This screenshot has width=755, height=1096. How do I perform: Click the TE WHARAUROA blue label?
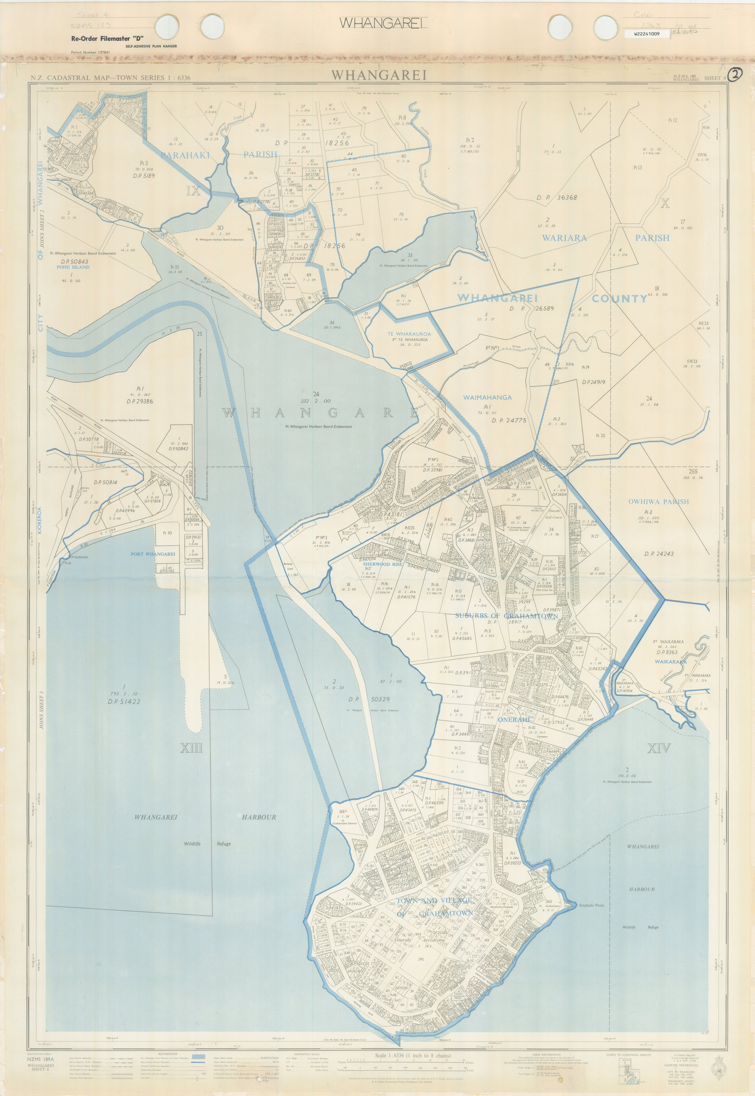(409, 333)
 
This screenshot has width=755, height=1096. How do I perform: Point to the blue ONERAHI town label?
(512, 720)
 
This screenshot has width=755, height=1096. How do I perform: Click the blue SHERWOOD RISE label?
(382, 565)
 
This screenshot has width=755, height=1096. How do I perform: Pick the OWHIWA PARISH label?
(658, 502)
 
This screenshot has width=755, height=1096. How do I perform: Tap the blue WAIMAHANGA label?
(487, 398)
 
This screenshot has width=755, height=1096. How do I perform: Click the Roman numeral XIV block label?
(658, 748)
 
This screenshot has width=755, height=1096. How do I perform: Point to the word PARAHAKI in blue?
(185, 155)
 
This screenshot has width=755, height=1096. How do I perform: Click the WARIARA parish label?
(564, 238)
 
